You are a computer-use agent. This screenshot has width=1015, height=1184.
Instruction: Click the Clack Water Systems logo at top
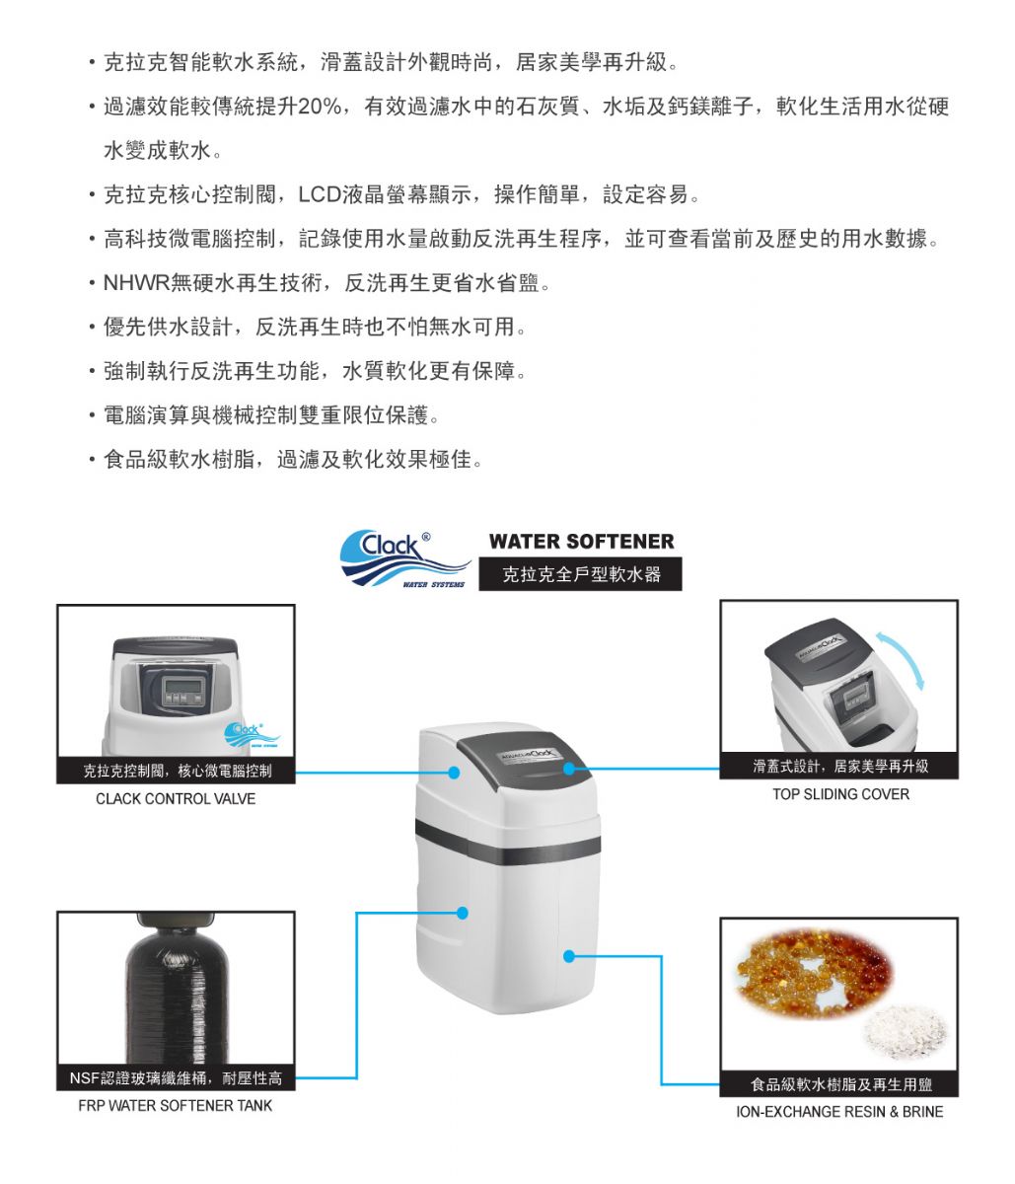(404, 557)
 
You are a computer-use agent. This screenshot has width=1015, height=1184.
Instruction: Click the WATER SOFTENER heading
(581, 542)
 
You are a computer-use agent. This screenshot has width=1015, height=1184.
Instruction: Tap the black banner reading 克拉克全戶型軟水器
(580, 573)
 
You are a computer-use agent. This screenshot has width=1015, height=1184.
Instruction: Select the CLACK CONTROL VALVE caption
(176, 798)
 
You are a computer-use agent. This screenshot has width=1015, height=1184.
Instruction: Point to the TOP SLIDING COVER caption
(840, 794)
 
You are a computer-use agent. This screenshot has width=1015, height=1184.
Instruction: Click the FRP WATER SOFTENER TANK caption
(176, 1105)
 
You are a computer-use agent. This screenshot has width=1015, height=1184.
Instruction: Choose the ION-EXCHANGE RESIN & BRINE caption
(839, 1111)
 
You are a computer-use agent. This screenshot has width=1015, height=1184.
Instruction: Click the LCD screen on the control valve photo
(183, 685)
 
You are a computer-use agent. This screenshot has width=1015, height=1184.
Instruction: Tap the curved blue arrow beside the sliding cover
(902, 659)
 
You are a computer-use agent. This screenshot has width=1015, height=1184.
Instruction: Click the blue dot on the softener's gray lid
(569, 769)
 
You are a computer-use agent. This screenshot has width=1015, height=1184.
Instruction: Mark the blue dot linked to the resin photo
(569, 956)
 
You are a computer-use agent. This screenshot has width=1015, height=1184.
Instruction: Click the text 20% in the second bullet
(320, 107)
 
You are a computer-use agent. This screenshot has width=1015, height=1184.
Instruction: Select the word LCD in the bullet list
(320, 194)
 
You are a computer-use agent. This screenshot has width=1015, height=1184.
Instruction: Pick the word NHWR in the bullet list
(137, 283)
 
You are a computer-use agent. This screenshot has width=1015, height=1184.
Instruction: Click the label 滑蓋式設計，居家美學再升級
(840, 766)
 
